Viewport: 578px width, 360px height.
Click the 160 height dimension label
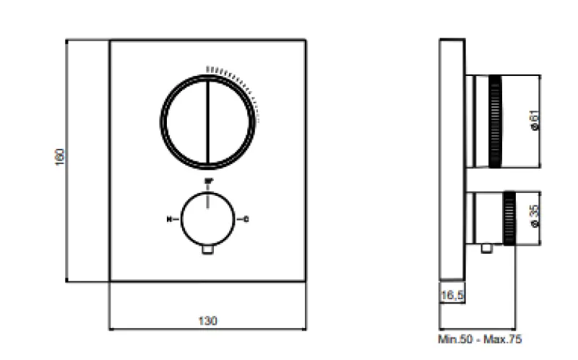coord(60,157)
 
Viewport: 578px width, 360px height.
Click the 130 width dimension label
coord(207,320)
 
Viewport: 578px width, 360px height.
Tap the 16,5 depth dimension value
coord(452,295)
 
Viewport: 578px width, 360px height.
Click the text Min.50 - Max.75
coord(480,338)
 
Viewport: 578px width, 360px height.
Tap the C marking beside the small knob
coord(246,218)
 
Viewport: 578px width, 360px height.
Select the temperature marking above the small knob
coord(208,181)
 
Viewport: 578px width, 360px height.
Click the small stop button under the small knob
coord(208,250)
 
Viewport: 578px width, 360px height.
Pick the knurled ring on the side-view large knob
coord(496,120)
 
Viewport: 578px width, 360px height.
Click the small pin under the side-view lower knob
coord(488,250)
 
